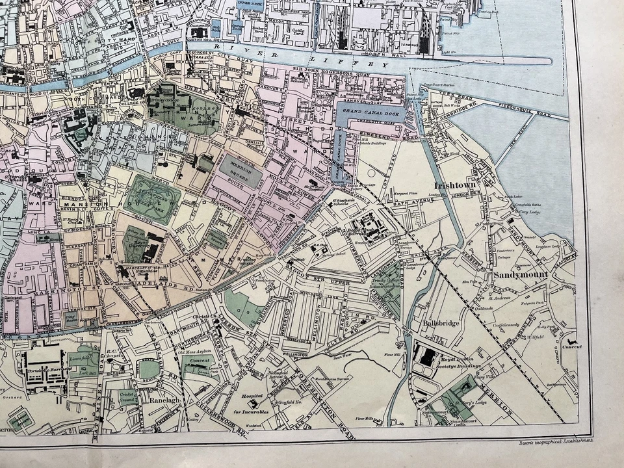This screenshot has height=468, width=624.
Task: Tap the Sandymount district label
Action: pyautogui.click(x=521, y=275)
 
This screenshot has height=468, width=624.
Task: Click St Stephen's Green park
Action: pyautogui.click(x=153, y=199)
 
